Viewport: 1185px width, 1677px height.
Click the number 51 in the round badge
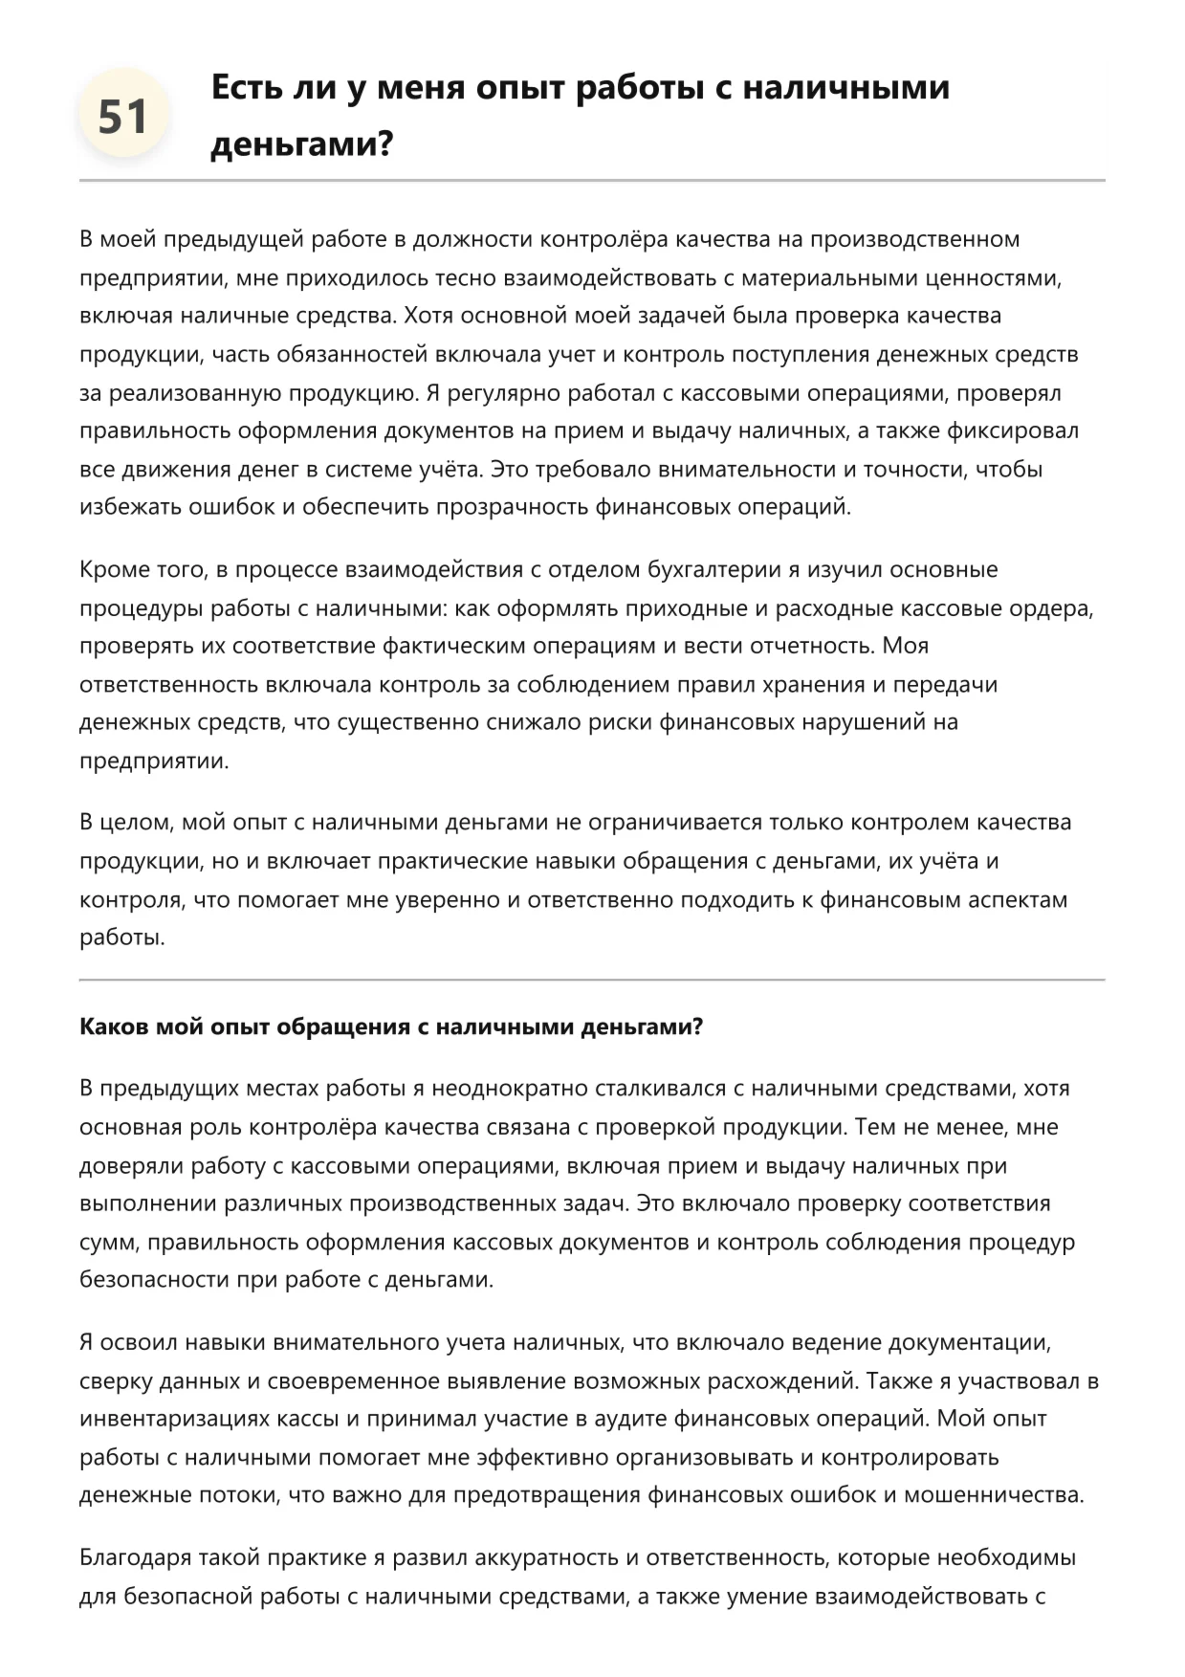pyautogui.click(x=123, y=117)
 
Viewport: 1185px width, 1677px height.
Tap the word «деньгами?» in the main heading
pyautogui.click(x=301, y=144)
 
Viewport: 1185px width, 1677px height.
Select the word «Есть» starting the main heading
pyautogui.click(x=244, y=87)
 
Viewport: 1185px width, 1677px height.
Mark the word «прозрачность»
pyautogui.click(x=513, y=507)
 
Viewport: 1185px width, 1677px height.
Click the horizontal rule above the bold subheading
pyautogui.click(x=592, y=980)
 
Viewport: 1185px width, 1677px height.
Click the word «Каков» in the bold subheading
pyautogui.click(x=109, y=1026)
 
